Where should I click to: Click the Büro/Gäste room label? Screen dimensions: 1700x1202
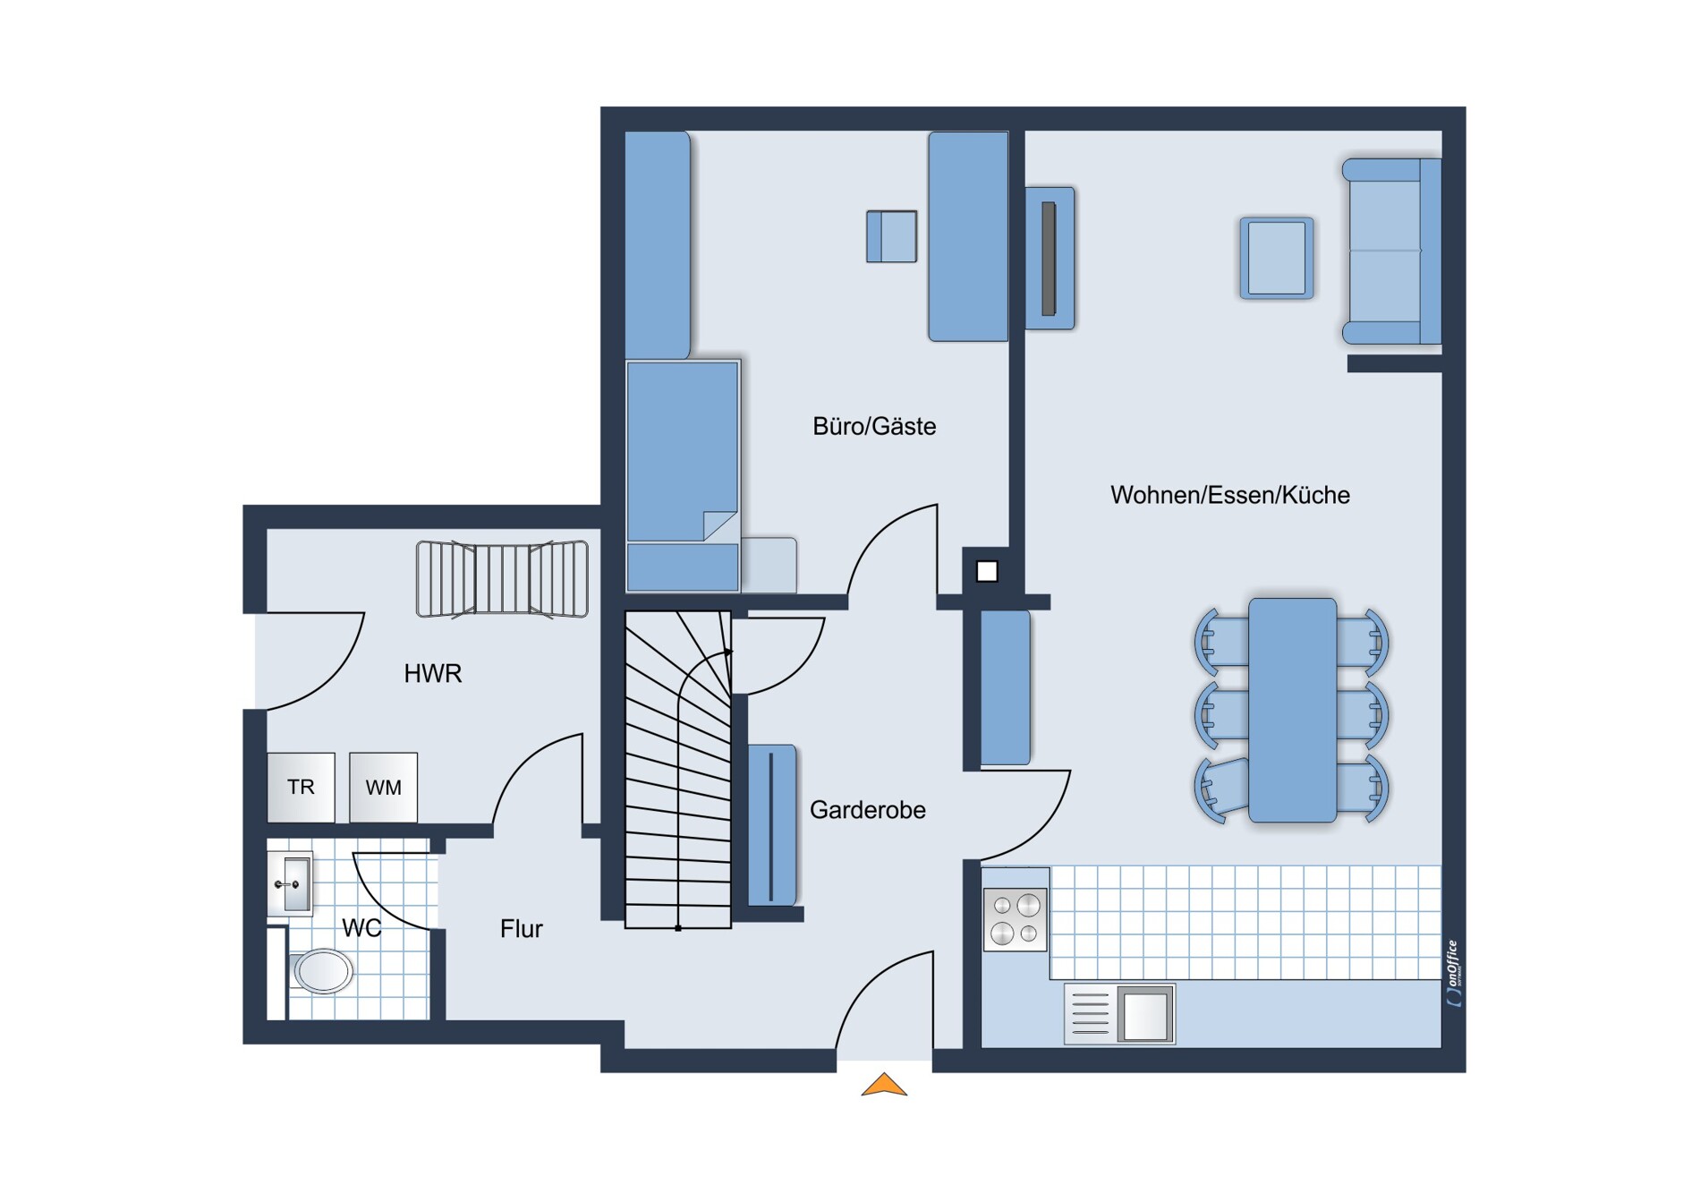(x=874, y=427)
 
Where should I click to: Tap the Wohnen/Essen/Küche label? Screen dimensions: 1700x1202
(x=1229, y=495)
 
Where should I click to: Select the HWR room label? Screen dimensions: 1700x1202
(x=432, y=674)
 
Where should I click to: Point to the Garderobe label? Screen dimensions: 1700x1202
(x=867, y=810)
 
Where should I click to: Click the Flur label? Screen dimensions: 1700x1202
(x=521, y=929)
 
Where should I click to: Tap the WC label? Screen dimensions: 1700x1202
(x=361, y=928)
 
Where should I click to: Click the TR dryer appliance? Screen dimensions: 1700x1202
(x=302, y=788)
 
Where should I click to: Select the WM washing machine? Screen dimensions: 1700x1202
(x=383, y=788)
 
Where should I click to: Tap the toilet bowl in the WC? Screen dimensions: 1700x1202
(x=321, y=971)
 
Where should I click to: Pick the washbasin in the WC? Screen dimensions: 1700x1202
(x=290, y=884)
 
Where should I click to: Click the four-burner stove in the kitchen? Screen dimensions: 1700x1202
(x=1016, y=919)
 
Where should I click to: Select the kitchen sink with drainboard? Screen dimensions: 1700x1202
(x=1119, y=1014)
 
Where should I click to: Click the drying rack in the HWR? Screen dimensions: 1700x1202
(x=502, y=579)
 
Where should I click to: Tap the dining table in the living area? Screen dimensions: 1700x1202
(x=1292, y=711)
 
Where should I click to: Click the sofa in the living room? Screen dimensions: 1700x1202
(x=1391, y=251)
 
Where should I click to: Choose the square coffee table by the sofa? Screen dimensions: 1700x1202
(x=1277, y=258)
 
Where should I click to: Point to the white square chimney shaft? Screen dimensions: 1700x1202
(x=987, y=572)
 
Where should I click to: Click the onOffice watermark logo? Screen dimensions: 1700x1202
(x=1453, y=974)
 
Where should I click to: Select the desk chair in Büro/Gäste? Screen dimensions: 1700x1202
(x=891, y=236)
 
